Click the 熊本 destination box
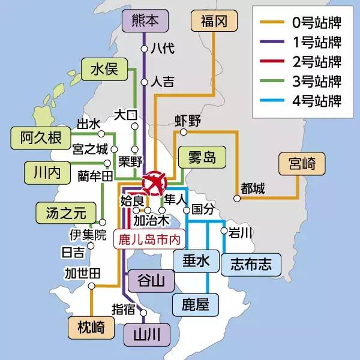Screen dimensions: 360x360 [x=144, y=22]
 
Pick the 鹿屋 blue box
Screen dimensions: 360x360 [x=195, y=305]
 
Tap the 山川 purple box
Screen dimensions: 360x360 [x=144, y=333]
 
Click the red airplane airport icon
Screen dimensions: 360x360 [x=155, y=182]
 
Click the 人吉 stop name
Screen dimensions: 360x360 [x=163, y=80]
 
